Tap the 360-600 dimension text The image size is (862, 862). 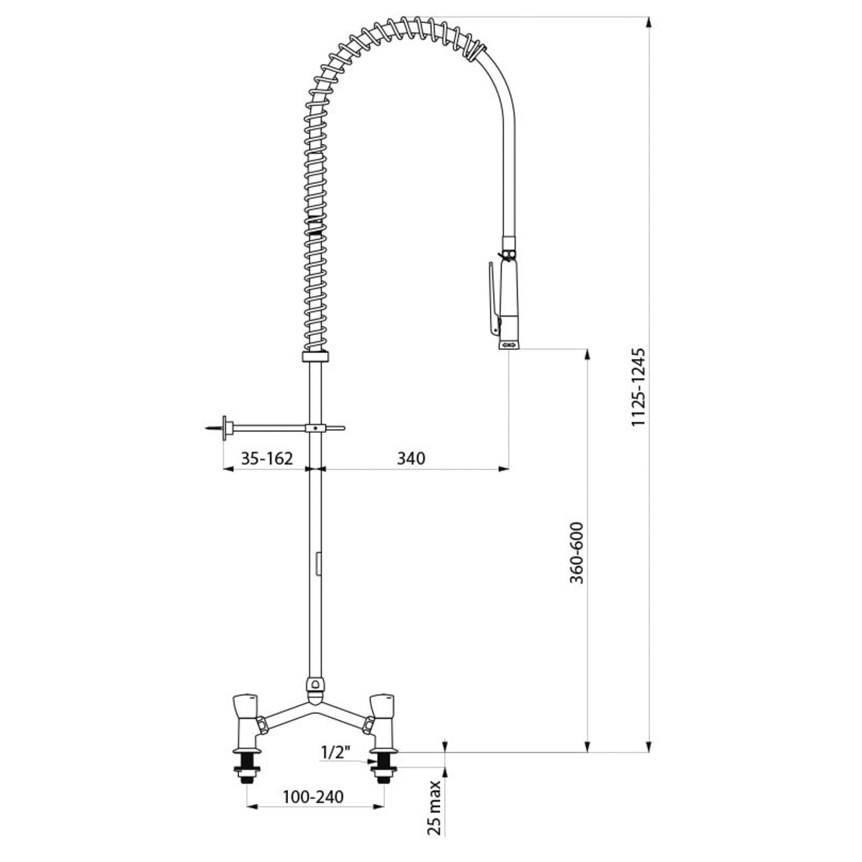[x=576, y=553]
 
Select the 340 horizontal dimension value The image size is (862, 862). [x=411, y=458]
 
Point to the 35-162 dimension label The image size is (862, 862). [x=267, y=458]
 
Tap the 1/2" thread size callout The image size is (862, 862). [x=336, y=752]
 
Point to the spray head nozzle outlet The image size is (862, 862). [x=509, y=345]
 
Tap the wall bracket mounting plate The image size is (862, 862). [x=224, y=428]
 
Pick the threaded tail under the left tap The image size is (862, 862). [x=248, y=767]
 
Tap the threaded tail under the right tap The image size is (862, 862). [x=384, y=767]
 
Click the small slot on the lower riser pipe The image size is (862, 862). [x=318, y=564]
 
